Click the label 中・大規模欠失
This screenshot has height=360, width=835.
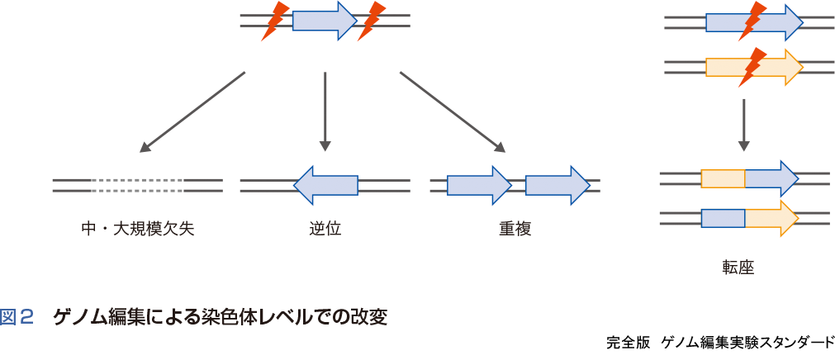pyautogui.click(x=138, y=229)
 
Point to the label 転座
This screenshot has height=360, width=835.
pyautogui.click(x=738, y=268)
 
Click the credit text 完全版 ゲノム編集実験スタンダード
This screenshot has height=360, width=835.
pyautogui.click(x=719, y=342)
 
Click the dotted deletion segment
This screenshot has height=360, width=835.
pyautogui.click(x=138, y=186)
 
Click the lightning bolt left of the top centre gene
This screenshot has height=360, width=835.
pyautogui.click(x=275, y=21)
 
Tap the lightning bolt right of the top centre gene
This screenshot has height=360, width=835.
pyautogui.click(x=372, y=21)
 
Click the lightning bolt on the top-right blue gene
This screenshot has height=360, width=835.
pyautogui.click(x=752, y=21)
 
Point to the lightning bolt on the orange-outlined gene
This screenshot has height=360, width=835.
pyautogui.click(x=752, y=66)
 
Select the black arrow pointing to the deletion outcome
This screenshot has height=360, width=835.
pyautogui.click(x=192, y=112)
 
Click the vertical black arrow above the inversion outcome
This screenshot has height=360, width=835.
pyautogui.click(x=325, y=111)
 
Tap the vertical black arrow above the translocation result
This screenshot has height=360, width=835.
pyautogui.click(x=744, y=125)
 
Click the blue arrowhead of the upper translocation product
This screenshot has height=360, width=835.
pyautogui.click(x=773, y=178)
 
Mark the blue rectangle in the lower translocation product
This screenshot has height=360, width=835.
pyautogui.click(x=723, y=218)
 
